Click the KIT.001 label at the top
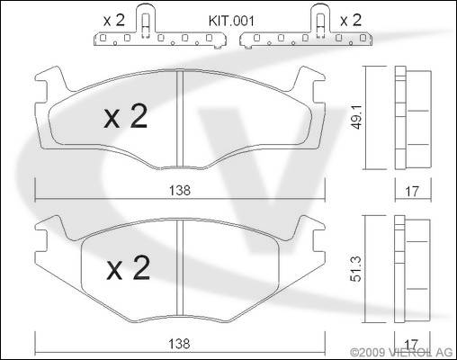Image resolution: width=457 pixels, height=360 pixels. [x=231, y=21]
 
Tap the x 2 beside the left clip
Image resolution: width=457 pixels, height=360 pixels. [x=113, y=20]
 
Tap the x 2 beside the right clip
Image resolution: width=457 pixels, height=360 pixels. [x=351, y=20]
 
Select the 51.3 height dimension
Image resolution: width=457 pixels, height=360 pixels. [x=356, y=269]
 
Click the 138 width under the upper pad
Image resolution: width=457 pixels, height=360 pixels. [x=180, y=190]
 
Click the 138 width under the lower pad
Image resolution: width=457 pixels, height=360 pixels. [x=179, y=344]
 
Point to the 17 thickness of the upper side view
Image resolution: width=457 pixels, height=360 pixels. [x=412, y=192]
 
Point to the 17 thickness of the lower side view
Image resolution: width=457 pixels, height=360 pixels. [x=411, y=344]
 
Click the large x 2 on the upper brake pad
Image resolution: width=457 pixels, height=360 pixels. [x=126, y=116]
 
